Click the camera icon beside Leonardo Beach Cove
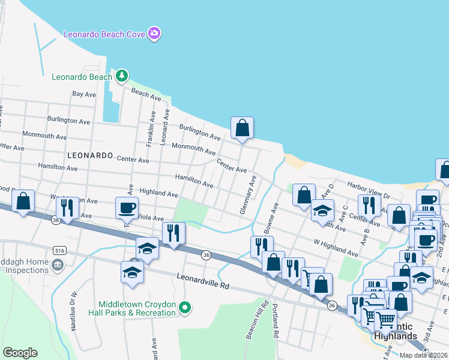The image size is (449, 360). (x=154, y=34)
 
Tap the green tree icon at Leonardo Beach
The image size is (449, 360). (x=122, y=76)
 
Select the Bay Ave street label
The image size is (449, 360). (x=84, y=94)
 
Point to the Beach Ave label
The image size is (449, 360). (x=146, y=94)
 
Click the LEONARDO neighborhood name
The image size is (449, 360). (x=90, y=155)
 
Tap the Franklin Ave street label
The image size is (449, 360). (x=151, y=128)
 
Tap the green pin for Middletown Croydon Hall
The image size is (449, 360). (x=185, y=308)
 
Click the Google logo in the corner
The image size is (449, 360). (x=20, y=353)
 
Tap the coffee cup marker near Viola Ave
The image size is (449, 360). (x=127, y=208)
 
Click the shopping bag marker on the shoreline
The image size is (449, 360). (x=243, y=128)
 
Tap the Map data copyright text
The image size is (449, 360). (x=423, y=355)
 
